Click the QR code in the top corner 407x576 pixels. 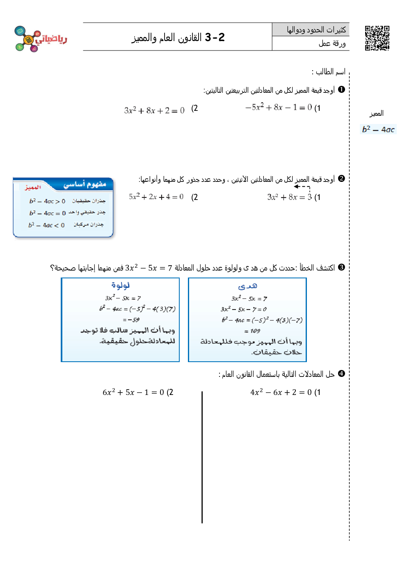click(377, 38)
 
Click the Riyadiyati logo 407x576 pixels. click(40, 39)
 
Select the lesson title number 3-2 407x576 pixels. click(215, 37)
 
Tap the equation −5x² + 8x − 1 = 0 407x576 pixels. click(279, 108)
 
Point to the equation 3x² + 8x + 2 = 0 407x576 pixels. click(154, 110)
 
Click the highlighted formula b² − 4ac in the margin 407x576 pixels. click(378, 129)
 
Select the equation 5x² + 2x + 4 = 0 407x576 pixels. click(156, 197)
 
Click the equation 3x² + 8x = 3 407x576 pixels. click(290, 197)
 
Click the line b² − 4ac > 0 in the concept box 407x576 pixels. click(47, 201)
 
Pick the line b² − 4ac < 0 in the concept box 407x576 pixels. click(46, 225)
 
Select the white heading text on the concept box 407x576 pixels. click(85, 184)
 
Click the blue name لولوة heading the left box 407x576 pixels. click(120, 285)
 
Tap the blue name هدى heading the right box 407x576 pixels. click(247, 286)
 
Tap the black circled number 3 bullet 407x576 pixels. click(341, 267)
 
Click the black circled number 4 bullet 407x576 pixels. click(341, 374)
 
